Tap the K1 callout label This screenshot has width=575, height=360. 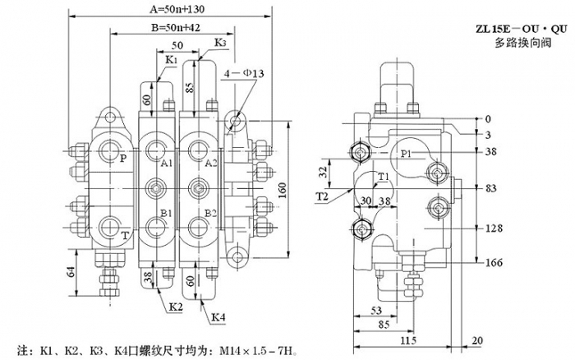pos(170,61)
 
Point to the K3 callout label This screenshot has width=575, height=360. pos(219,43)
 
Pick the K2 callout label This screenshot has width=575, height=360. pos(176,307)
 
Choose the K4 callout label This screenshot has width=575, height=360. pos(218,316)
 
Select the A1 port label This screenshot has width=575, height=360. pos(167,164)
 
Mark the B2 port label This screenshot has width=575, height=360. pos(211,213)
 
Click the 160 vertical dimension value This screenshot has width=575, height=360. pos(281,192)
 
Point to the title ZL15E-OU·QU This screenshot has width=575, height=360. pos(521,30)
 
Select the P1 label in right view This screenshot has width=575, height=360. pos(407,154)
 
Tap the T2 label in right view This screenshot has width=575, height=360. pos(322,197)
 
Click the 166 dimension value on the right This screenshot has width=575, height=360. pos(493,263)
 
